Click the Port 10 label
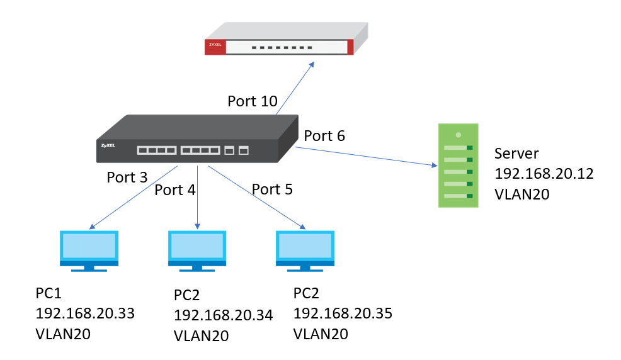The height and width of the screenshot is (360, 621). pyautogui.click(x=252, y=101)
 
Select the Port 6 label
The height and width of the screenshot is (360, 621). pyautogui.click(x=324, y=136)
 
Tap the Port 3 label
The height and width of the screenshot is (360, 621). pyautogui.click(x=127, y=177)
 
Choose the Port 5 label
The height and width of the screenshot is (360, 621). pyautogui.click(x=272, y=189)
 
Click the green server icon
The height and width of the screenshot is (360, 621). pyautogui.click(x=459, y=166)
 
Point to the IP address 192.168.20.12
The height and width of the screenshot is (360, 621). pyautogui.click(x=544, y=174)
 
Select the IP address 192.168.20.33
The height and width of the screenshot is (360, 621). pyautogui.click(x=85, y=313)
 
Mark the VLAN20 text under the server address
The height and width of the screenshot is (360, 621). pyautogui.click(x=522, y=194)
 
